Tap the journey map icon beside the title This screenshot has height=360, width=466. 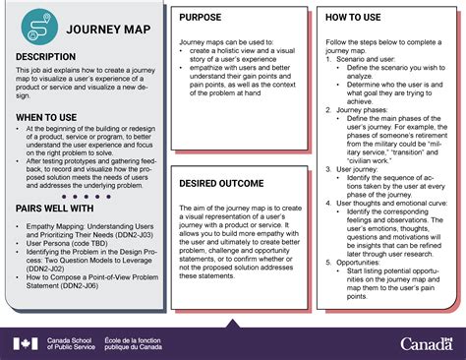point(38,27)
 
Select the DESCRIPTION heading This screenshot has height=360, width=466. point(53,58)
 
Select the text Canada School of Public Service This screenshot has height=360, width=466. point(71,343)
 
